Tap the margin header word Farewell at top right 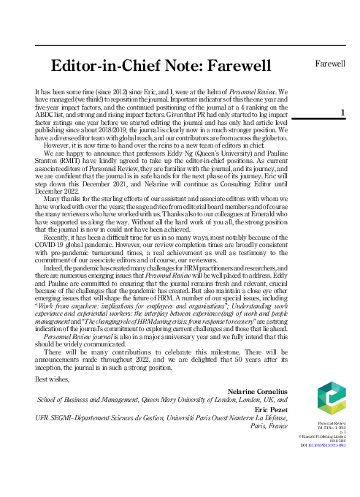click(x=329, y=63)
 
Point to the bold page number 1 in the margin click(x=342, y=112)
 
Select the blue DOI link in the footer click(x=329, y=444)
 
